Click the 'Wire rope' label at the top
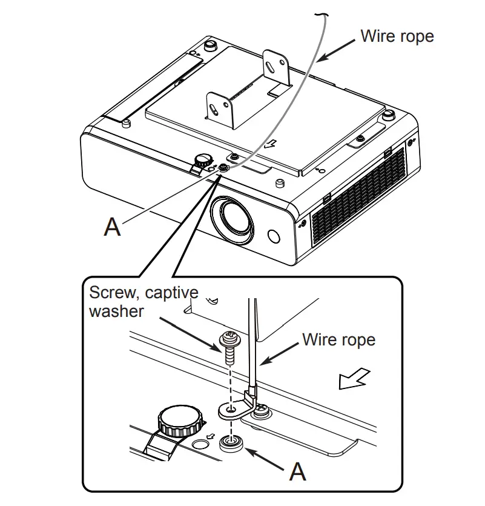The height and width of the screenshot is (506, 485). click(397, 36)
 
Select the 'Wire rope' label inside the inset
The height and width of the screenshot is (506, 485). click(338, 339)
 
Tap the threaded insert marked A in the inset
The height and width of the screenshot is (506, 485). click(231, 444)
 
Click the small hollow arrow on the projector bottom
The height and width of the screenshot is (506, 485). click(272, 144)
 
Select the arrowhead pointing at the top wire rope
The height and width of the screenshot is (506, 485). click(323, 58)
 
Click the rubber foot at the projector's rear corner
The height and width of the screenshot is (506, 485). click(211, 45)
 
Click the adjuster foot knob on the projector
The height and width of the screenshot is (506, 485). click(202, 161)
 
